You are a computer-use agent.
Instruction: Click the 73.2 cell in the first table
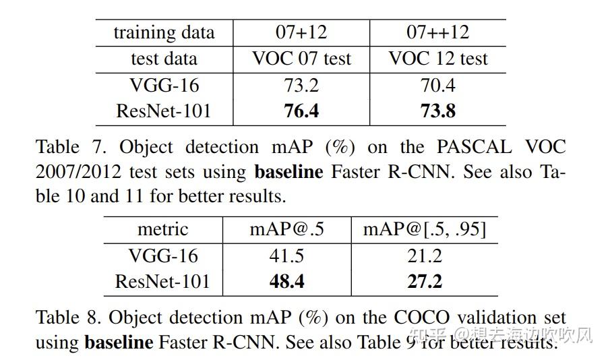(301, 86)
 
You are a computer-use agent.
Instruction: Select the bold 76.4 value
(301, 111)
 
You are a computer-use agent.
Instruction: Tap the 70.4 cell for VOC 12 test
(438, 86)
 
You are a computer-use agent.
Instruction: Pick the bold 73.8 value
(438, 111)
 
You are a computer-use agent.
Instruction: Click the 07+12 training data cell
(301, 32)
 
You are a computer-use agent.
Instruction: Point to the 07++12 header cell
(438, 32)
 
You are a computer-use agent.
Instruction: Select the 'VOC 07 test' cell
(301, 59)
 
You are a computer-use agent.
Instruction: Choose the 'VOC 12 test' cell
(438, 59)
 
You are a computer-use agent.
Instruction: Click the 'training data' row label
(164, 32)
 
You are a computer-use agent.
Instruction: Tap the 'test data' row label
(164, 59)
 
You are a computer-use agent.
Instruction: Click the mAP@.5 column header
(286, 229)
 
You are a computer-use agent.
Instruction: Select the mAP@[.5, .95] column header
(425, 229)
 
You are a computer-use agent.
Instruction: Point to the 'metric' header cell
(163, 229)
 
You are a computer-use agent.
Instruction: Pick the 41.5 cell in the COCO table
(286, 256)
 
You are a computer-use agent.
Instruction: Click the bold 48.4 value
(286, 281)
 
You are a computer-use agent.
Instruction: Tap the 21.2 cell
(425, 256)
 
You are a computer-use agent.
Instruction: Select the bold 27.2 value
(425, 281)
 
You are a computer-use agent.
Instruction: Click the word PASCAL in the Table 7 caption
(469, 147)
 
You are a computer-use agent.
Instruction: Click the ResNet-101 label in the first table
(164, 111)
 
